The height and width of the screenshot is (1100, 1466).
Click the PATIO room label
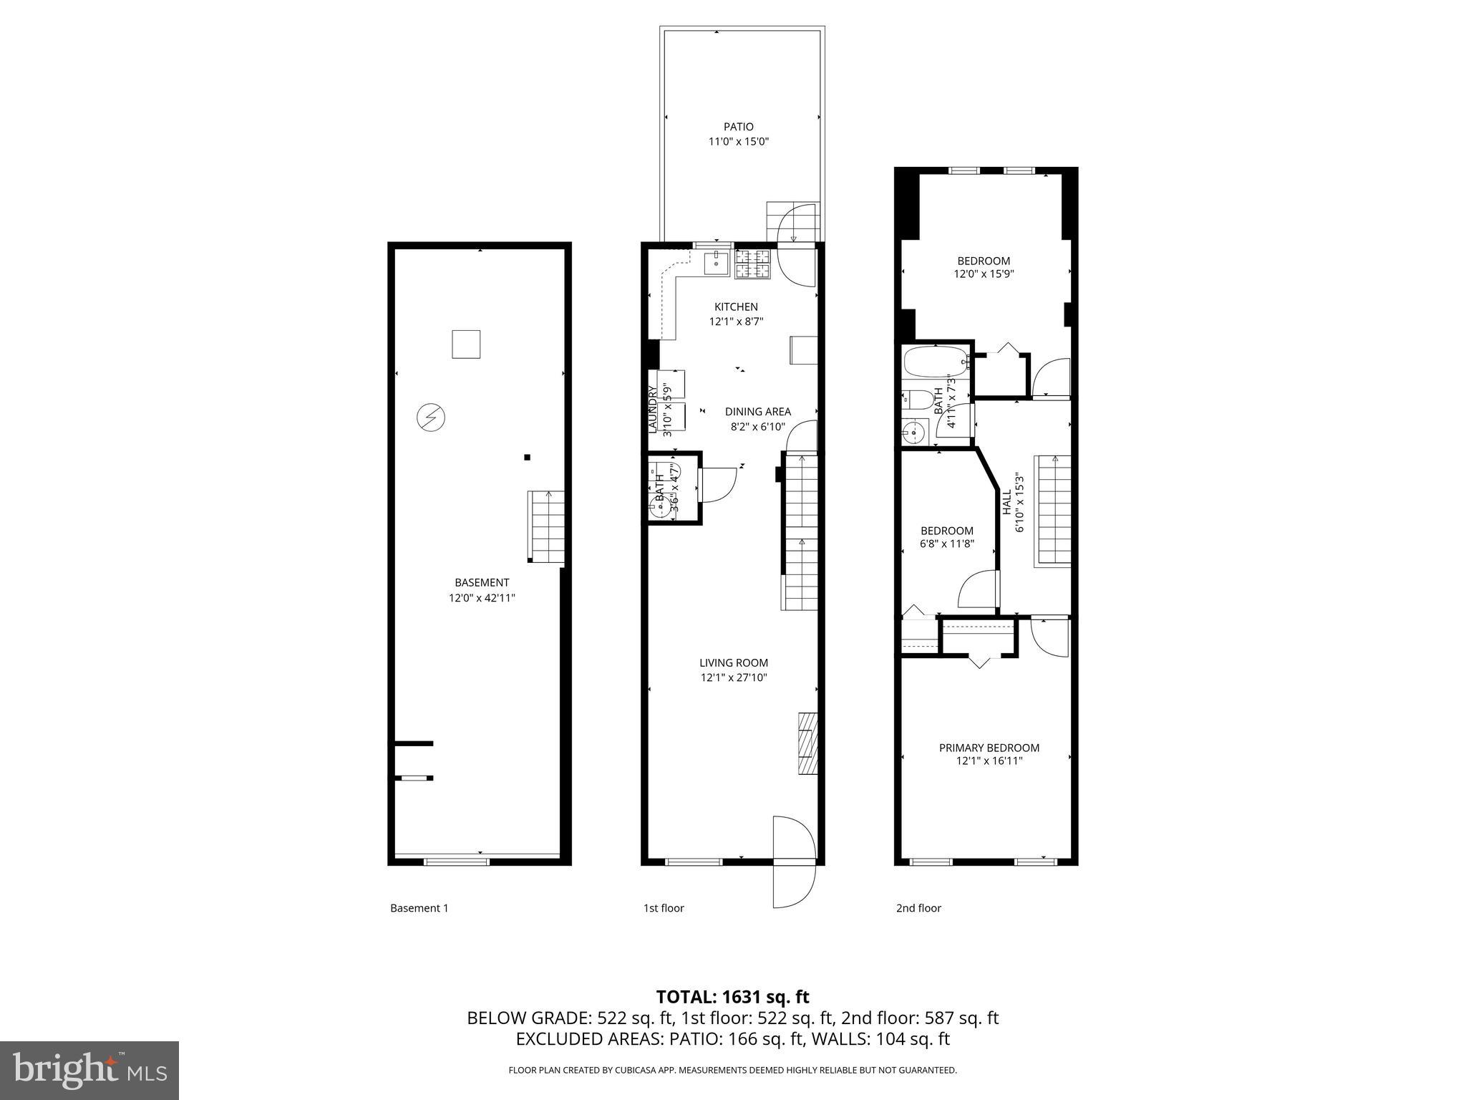pos(738,127)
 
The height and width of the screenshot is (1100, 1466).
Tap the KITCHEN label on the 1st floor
pos(736,307)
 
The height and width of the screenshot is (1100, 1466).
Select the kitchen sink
pos(716,263)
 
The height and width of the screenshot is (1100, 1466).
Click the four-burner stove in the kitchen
pos(753,263)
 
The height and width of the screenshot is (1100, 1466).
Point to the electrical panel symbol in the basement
pos(431,418)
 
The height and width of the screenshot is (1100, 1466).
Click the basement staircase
pos(547,526)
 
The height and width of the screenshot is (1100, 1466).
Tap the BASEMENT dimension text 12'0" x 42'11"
pos(482,598)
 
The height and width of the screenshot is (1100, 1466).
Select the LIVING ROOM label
pos(734,663)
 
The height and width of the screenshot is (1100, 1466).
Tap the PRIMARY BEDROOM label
pos(989,748)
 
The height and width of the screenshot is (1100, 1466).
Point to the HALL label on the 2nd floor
pos(1007,503)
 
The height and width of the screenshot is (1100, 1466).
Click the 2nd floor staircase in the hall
pos(1053,511)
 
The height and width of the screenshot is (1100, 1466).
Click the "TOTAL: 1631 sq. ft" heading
pos(732,997)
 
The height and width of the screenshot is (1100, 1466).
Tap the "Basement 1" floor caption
pos(419,908)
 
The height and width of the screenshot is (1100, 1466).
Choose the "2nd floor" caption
pos(918,908)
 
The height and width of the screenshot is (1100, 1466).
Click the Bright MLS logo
pos(89,1071)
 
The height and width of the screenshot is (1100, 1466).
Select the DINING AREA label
pos(757,412)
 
